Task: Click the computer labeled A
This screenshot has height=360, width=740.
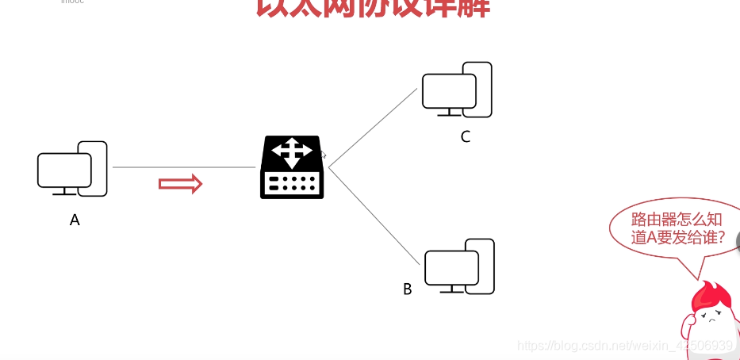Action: coord(71,169)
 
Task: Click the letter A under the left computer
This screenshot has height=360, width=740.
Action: coord(75,220)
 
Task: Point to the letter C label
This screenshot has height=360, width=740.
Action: coord(466,136)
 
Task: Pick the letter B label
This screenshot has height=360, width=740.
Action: coord(408,289)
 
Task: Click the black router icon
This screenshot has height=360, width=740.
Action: coord(292,167)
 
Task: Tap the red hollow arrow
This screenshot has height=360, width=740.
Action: coord(181,184)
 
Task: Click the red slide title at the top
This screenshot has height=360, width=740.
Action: coord(373,8)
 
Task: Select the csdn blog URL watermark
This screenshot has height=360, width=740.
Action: coord(624,346)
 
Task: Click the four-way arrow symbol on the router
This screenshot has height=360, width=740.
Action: coord(292,151)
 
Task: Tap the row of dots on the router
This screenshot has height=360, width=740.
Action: coord(292,184)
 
